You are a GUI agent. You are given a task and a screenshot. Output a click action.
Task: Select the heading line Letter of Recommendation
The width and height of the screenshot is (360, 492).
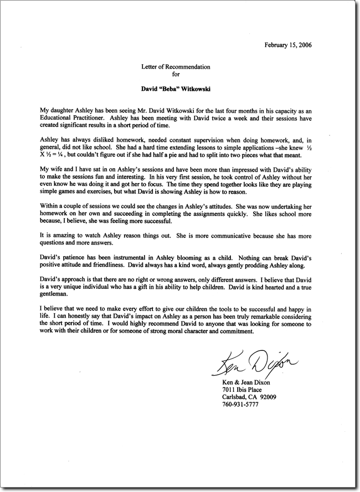coord(176,66)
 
